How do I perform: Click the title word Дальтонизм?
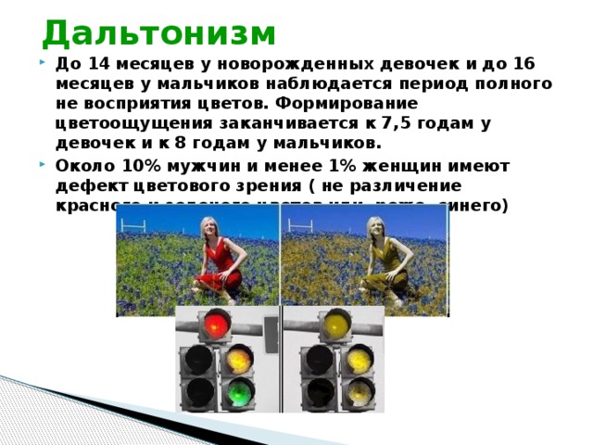158,33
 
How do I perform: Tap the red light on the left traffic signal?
216,324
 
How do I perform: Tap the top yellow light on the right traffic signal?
334,324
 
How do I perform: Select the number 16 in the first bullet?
524,63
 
